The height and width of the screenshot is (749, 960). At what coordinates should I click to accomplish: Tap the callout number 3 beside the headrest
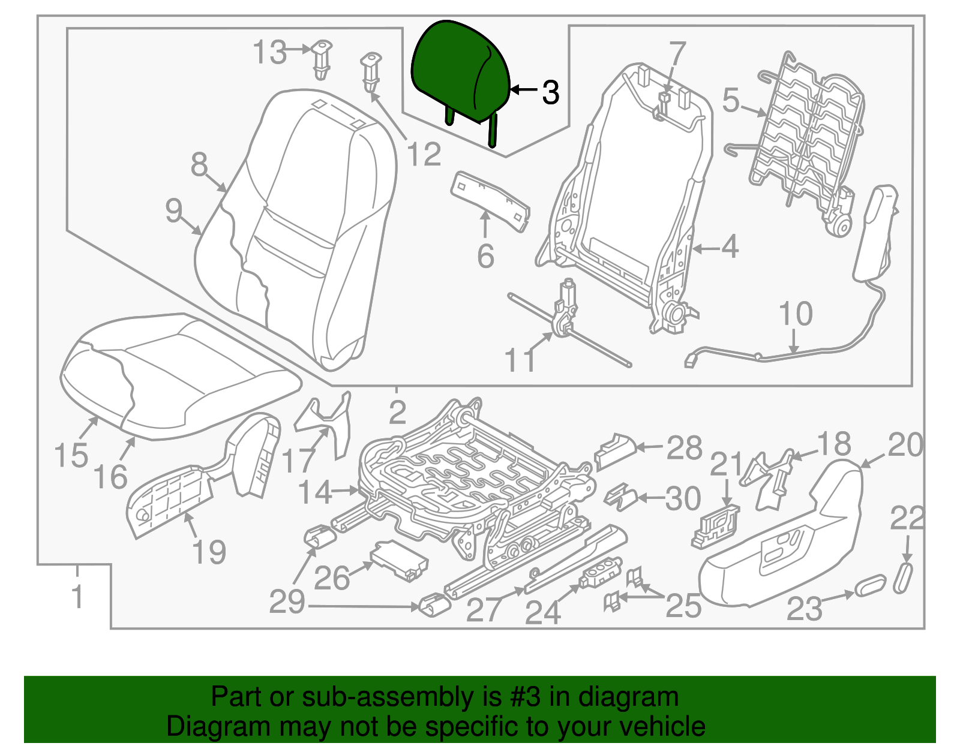click(550, 92)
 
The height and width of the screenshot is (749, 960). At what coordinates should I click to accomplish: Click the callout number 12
click(424, 154)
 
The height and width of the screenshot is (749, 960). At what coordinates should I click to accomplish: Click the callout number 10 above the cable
click(796, 314)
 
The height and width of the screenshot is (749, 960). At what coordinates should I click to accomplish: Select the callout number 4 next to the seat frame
click(730, 246)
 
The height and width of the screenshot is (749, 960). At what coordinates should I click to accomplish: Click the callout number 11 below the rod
click(520, 360)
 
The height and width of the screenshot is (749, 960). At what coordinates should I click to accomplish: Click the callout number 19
click(209, 552)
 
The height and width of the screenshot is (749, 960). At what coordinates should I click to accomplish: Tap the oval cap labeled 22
click(904, 577)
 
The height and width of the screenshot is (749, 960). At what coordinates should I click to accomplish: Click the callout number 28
click(684, 448)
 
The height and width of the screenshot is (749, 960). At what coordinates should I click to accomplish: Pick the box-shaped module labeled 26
click(400, 561)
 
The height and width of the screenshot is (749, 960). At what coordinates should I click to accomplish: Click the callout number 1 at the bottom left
click(77, 597)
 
